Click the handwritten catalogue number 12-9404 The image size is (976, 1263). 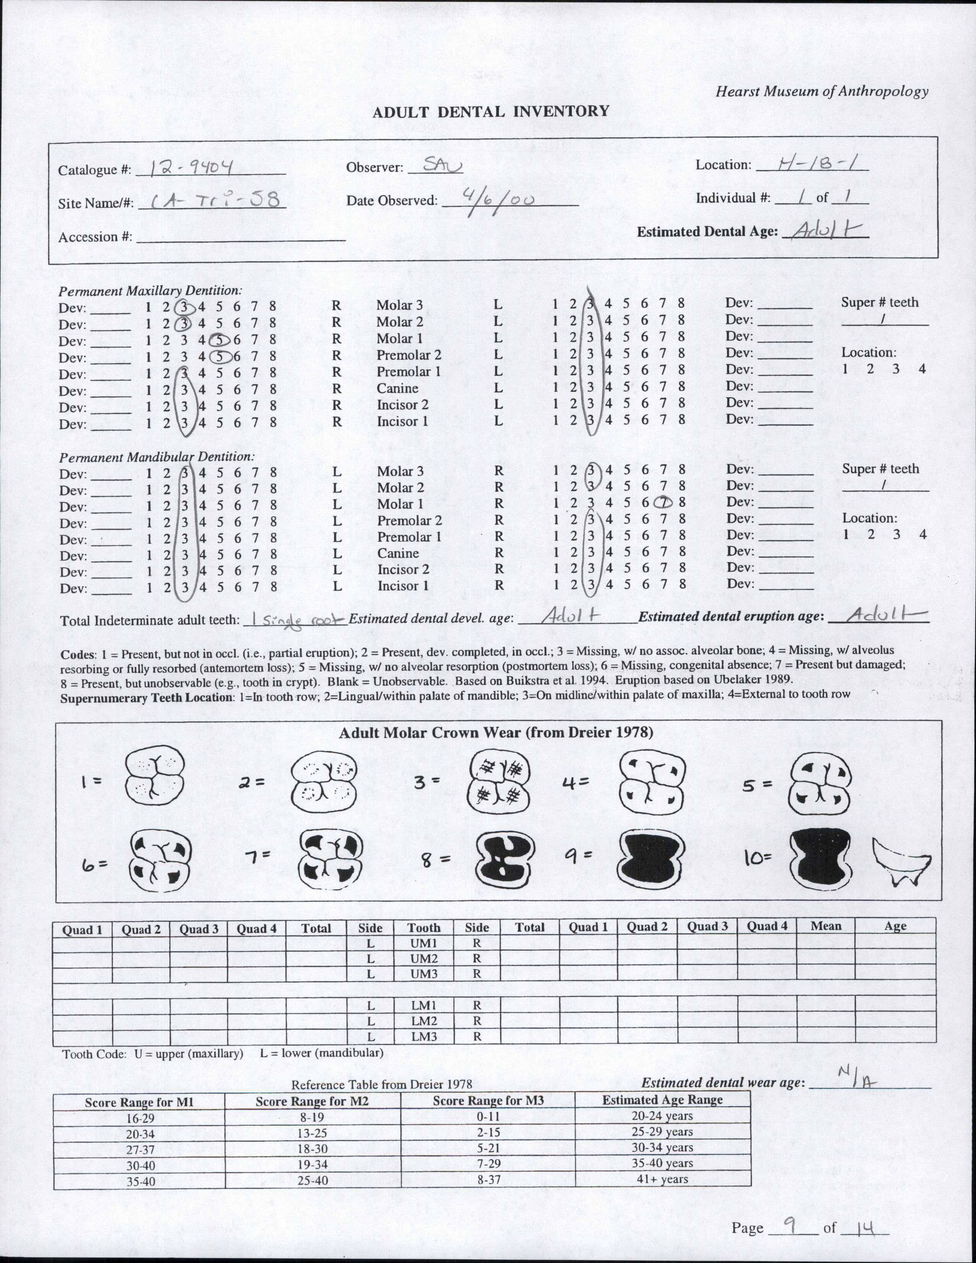pyautogui.click(x=191, y=168)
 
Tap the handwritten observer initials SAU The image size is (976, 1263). pyautogui.click(x=442, y=166)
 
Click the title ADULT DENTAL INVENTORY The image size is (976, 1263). pyautogui.click(x=491, y=111)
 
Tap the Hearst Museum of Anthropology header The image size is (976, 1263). pyautogui.click(x=821, y=91)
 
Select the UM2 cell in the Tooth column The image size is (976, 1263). pyautogui.click(x=424, y=958)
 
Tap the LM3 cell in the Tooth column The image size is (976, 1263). pyautogui.click(x=424, y=1036)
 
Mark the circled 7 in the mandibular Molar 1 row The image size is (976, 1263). pyautogui.click(x=665, y=503)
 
